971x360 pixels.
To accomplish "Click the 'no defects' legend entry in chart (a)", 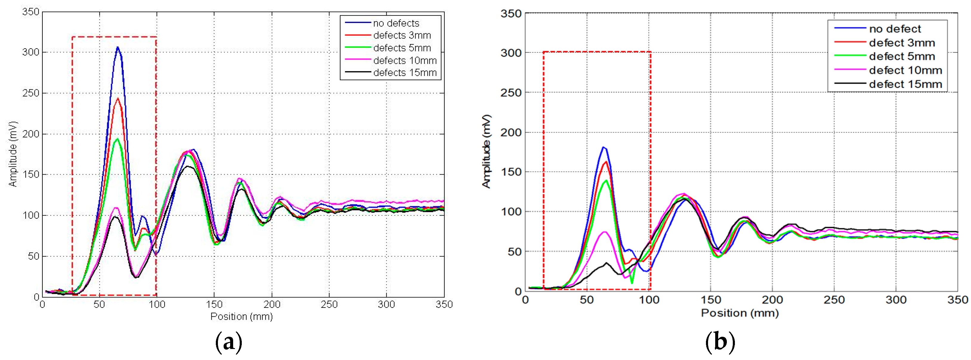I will [x=396, y=23].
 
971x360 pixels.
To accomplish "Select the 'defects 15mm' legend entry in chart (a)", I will [x=405, y=73].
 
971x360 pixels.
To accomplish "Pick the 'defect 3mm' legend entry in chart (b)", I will [x=902, y=43].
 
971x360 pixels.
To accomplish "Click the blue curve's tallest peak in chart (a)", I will [x=117, y=47].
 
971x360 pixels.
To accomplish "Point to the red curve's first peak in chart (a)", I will [x=118, y=99].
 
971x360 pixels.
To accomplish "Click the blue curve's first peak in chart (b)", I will [x=603, y=148].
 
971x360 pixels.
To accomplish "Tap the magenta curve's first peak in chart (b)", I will [x=605, y=232].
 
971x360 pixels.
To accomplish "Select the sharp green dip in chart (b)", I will [x=632, y=283].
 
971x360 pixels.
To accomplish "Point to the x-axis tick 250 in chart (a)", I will [x=329, y=305].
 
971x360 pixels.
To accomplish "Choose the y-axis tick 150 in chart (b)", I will [x=511, y=172].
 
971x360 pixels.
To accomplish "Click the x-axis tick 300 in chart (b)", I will [x=896, y=300].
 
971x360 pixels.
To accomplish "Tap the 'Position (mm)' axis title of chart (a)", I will [x=241, y=317].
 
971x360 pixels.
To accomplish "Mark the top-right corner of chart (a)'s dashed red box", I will [x=156, y=37].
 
